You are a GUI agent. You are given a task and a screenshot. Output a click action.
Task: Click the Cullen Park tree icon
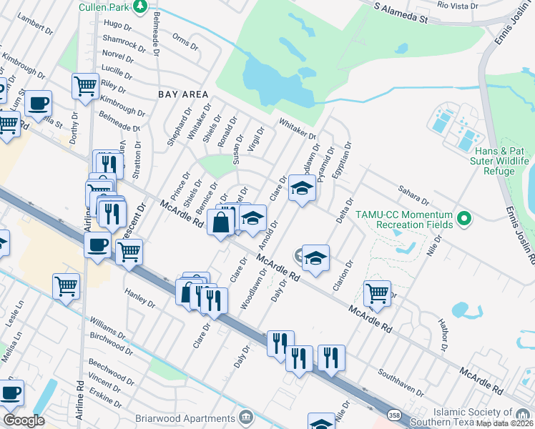pyautogui.click(x=141, y=7)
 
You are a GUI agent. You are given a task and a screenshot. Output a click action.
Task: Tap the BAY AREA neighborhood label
pyautogui.click(x=183, y=94)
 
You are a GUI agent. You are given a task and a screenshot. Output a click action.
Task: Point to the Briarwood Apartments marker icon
pyautogui.click(x=247, y=416)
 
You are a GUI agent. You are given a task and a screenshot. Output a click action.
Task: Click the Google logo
pyautogui.click(x=24, y=420)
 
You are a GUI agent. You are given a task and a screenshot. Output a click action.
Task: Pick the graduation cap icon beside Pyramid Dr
pyautogui.click(x=302, y=189)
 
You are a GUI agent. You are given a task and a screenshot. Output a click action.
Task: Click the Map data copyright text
pyautogui.click(x=505, y=423)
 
